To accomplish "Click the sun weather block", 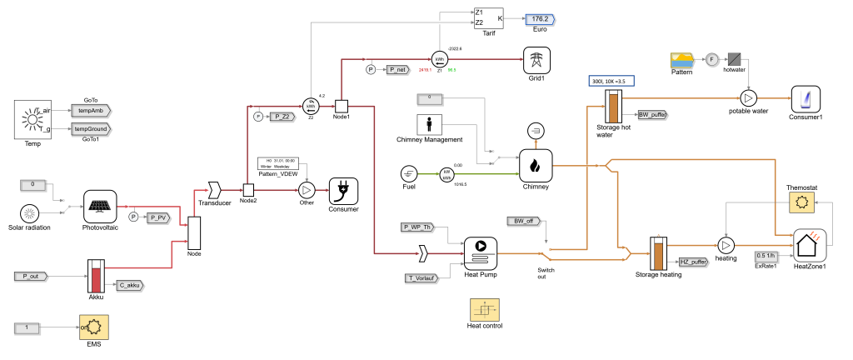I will [x=32, y=119].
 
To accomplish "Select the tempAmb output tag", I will [x=91, y=111].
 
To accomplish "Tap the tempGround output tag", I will [x=91, y=129].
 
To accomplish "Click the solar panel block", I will [x=100, y=207].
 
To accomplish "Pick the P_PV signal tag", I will [x=158, y=218].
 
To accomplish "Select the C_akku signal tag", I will [x=130, y=286].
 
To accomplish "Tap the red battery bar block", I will [x=96, y=280].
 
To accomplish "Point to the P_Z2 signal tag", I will [x=283, y=117].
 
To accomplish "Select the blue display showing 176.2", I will [x=540, y=19].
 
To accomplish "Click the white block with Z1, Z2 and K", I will [x=489, y=18].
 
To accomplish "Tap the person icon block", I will [x=429, y=125].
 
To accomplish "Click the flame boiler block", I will [x=536, y=165].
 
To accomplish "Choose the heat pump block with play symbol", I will [x=481, y=253].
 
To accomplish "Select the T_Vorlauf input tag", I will [x=422, y=279].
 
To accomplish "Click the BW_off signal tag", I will [x=525, y=222].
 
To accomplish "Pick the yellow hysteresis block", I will [x=485, y=309].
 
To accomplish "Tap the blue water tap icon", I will [x=806, y=101].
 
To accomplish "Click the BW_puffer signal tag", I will [x=653, y=115].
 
